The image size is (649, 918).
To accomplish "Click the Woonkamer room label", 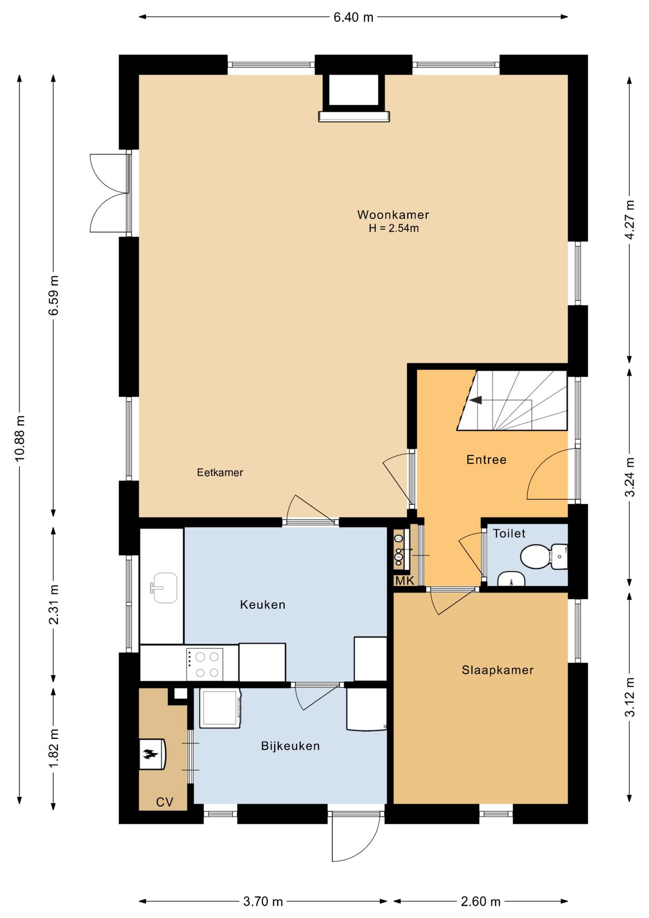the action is (x=393, y=215).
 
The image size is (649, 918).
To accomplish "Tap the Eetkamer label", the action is (x=220, y=472).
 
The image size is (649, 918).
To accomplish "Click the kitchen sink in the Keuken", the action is (x=164, y=588).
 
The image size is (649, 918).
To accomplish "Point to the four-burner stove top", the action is (x=205, y=664).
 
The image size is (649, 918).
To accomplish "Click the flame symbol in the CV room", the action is (x=150, y=755).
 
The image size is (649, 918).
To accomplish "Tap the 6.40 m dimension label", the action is (x=353, y=17).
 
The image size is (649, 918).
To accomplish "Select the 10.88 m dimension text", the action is (x=20, y=438).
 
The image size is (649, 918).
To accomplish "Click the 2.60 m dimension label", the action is (x=480, y=902).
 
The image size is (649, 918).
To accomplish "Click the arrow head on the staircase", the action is (x=475, y=400).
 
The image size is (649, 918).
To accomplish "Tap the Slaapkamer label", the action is (x=498, y=670).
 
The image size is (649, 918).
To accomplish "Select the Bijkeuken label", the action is (x=290, y=746).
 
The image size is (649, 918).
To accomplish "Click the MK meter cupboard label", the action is (x=404, y=581).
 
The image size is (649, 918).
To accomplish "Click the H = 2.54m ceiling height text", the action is (x=393, y=228).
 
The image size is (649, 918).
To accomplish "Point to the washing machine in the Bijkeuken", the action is (x=220, y=708).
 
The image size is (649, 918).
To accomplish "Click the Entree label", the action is (x=486, y=459).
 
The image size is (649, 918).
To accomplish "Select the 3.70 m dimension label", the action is (x=263, y=902).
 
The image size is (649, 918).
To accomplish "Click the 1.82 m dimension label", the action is (x=54, y=748).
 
